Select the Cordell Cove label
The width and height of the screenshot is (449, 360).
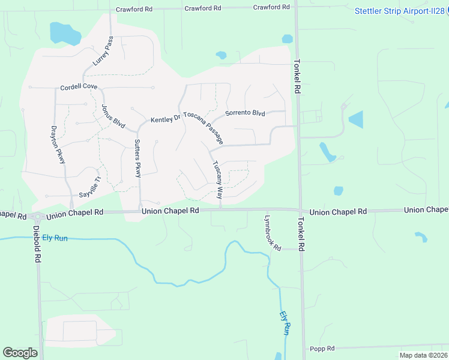pos(79,87)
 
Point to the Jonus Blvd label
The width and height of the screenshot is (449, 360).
pos(113,116)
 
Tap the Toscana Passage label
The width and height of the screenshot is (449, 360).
pos(203,127)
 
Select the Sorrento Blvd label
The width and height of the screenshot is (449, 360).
pos(245,113)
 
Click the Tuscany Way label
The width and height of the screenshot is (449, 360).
pos(217,181)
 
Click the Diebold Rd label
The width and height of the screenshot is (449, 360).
pos(37,246)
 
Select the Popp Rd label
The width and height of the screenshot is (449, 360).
pos(322,348)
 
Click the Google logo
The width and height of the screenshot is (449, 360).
pos(20,352)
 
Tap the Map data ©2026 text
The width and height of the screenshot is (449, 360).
pos(422,355)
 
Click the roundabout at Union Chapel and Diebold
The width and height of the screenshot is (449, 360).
pos(37,217)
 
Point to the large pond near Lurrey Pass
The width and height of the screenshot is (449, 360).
pos(65,33)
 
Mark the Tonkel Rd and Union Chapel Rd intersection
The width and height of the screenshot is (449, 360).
pos(300,210)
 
